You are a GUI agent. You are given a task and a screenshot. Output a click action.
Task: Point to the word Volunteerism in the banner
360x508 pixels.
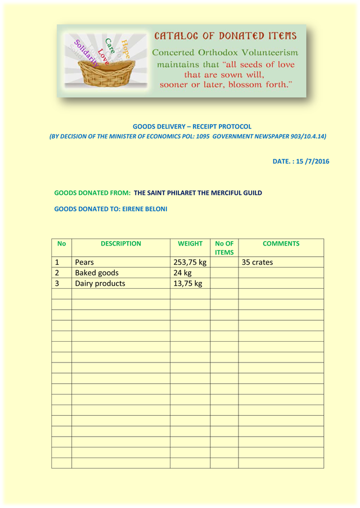(x=265, y=52)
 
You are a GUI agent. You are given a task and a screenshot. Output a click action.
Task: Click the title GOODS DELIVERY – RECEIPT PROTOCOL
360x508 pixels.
(x=192, y=126)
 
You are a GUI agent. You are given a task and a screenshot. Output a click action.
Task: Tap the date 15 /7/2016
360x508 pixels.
(x=313, y=161)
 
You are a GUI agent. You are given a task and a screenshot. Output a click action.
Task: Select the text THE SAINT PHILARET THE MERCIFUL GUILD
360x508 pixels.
(x=198, y=193)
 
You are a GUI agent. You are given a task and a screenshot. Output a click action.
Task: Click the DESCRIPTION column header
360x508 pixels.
(x=120, y=244)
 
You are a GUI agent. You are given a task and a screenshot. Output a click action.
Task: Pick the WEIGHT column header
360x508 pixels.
(x=190, y=244)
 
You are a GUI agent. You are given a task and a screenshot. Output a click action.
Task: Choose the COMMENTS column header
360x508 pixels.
(x=281, y=244)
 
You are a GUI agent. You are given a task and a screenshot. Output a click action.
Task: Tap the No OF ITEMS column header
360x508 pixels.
(x=224, y=248)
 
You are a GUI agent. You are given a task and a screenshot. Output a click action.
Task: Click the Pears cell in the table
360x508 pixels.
(x=84, y=262)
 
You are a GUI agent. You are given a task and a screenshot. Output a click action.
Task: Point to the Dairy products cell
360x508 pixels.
(x=100, y=283)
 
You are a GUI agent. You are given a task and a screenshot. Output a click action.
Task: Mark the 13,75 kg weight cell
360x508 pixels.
(x=187, y=283)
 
